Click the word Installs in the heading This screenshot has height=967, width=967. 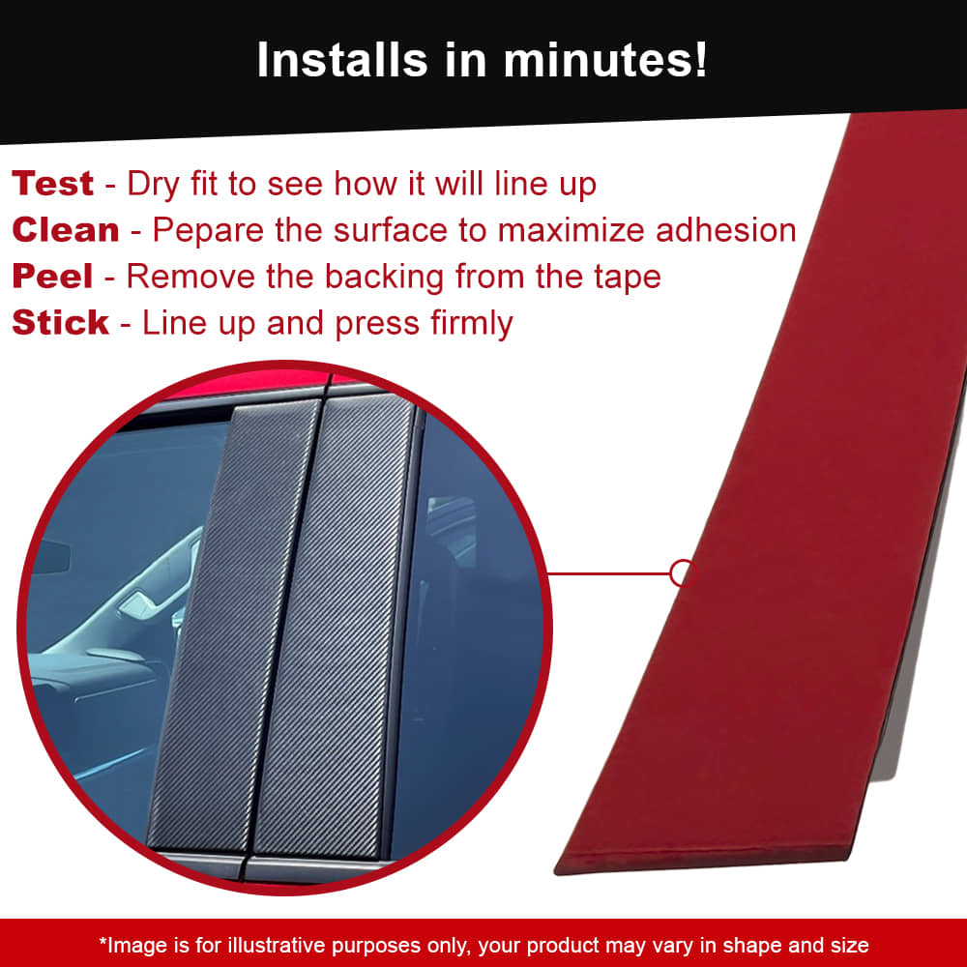[342, 60]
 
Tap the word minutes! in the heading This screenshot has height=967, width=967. [605, 60]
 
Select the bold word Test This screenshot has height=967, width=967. [52, 183]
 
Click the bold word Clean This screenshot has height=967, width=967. [66, 230]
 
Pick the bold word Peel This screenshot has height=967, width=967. [52, 276]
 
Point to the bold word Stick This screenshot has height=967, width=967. [60, 323]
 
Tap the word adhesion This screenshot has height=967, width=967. [726, 230]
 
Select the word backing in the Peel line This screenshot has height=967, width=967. [384, 278]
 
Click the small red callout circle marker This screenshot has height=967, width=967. [682, 572]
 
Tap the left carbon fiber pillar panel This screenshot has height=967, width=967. [234, 626]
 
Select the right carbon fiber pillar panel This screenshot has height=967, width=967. [333, 626]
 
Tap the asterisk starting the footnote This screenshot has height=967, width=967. [103, 941]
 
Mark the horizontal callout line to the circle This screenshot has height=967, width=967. [608, 573]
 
